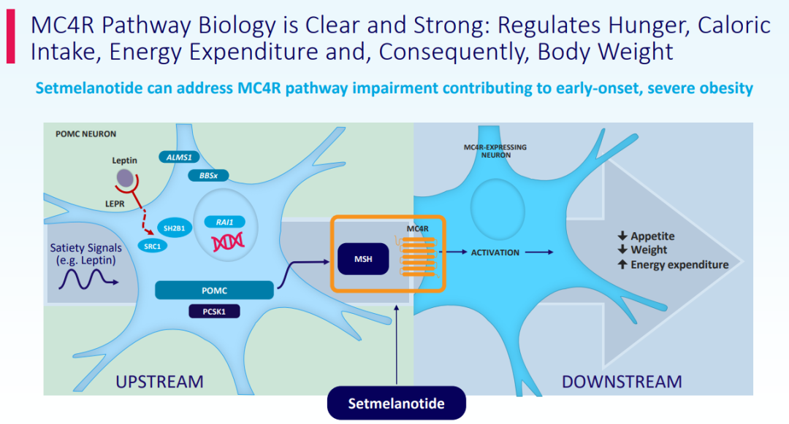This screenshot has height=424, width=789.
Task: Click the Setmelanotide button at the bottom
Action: [x=396, y=403]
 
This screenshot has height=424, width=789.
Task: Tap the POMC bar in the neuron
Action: [x=215, y=290]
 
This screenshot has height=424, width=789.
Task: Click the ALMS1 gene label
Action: [x=178, y=157]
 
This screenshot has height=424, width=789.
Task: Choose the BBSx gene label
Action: [x=207, y=175]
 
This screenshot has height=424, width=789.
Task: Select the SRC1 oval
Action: [x=153, y=247]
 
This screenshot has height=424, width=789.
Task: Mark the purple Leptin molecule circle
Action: [x=125, y=177]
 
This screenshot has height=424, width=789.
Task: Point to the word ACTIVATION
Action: [x=495, y=253]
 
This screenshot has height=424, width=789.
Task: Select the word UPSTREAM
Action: [x=159, y=381]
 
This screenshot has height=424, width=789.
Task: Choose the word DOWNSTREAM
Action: [x=622, y=381]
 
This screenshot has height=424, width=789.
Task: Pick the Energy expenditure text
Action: [x=679, y=265]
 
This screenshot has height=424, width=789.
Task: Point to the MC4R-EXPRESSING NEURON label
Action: [x=495, y=150]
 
